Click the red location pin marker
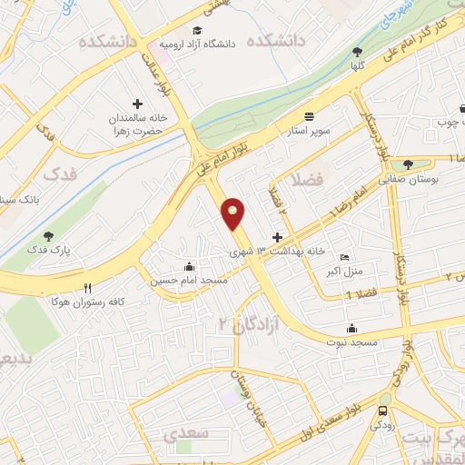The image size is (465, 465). click(x=233, y=214)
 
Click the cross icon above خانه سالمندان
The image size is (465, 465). click(x=138, y=104)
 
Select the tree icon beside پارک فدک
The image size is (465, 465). click(x=48, y=237)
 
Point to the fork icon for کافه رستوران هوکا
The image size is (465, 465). click(x=88, y=288)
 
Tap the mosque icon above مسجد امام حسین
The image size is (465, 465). click(x=188, y=266)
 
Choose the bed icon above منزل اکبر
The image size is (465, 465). click(x=342, y=257)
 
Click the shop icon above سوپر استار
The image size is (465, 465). click(x=310, y=116)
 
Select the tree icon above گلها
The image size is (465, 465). click(x=355, y=52)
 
